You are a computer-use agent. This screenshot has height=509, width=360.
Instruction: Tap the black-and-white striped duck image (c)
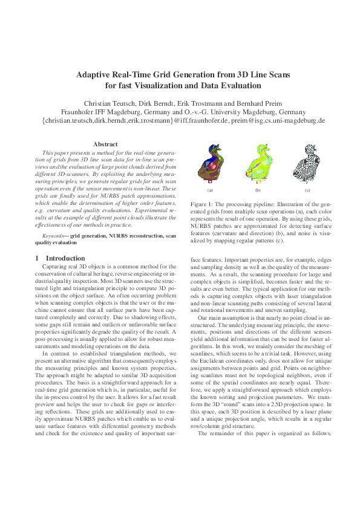click(307, 163)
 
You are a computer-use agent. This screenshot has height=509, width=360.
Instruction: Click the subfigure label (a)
click(211, 190)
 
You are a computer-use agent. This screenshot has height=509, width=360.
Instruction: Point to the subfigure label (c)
click(307, 190)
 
